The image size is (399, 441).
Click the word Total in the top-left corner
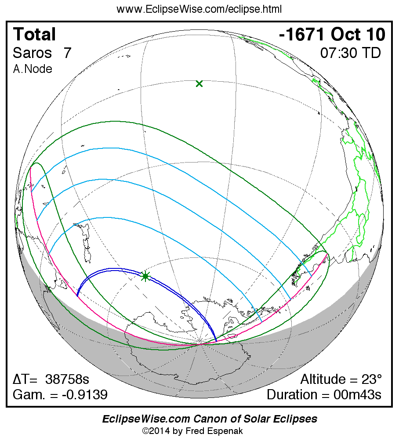click(x=34, y=35)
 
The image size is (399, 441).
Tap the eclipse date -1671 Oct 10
click(x=332, y=35)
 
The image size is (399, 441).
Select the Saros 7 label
click(x=42, y=53)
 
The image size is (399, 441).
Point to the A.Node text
click(x=33, y=69)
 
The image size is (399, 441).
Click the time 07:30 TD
click(x=350, y=53)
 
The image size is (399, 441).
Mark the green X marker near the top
click(x=199, y=83)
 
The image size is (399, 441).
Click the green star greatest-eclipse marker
click(x=145, y=276)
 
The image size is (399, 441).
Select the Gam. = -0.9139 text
click(x=60, y=394)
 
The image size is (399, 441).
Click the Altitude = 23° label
click(x=341, y=380)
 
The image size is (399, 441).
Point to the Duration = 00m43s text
click(x=324, y=394)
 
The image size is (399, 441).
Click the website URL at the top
click(x=199, y=9)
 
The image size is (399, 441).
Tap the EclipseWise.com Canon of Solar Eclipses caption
click(x=210, y=419)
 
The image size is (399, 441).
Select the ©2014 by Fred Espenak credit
click(x=192, y=431)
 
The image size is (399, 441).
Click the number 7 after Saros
click(x=67, y=53)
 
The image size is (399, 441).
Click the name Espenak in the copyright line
click(x=226, y=431)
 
